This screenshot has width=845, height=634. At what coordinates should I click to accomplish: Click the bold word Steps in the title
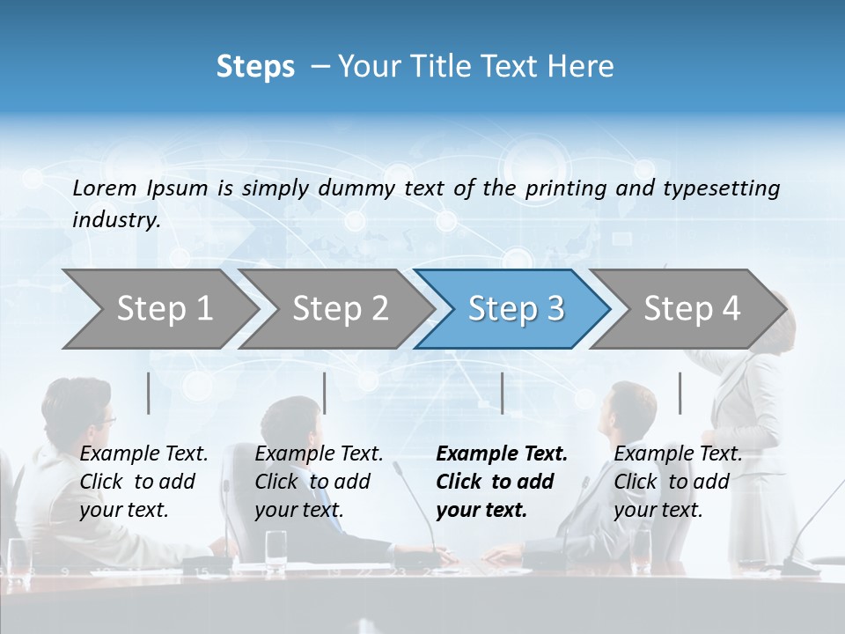tap(255, 67)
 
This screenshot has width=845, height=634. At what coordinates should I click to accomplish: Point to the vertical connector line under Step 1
tap(149, 393)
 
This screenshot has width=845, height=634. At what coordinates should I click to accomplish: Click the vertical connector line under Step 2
tap(325, 393)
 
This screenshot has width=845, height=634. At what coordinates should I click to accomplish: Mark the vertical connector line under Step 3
tap(502, 393)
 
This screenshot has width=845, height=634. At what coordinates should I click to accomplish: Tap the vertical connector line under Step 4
tap(680, 393)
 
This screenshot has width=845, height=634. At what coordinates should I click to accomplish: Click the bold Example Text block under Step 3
tap(502, 482)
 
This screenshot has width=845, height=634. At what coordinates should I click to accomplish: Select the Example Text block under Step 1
tap(143, 482)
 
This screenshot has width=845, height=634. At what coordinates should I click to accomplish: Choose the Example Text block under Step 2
tap(319, 482)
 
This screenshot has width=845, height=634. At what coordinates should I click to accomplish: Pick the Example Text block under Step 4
tap(678, 482)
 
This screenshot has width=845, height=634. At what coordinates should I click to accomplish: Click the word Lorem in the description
tap(105, 188)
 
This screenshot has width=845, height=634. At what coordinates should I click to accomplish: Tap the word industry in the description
tap(115, 220)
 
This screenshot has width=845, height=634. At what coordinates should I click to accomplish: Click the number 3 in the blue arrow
tap(555, 309)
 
